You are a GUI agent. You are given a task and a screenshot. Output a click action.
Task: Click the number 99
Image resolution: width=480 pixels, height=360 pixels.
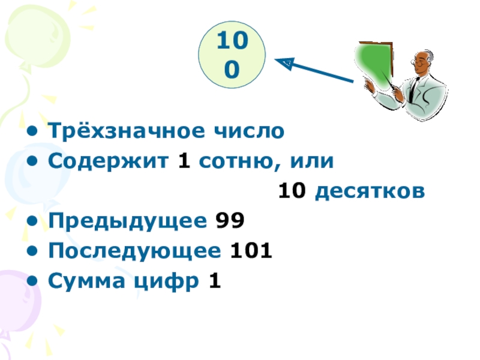click(229, 221)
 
